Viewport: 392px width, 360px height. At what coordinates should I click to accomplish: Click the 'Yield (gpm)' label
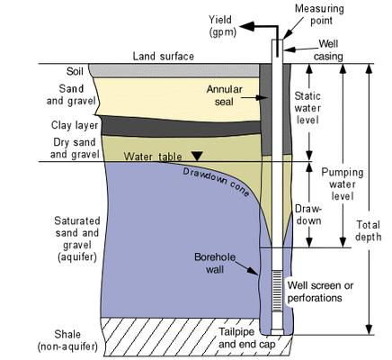pos(220,24)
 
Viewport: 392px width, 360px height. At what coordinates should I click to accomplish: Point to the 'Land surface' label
pos(165,56)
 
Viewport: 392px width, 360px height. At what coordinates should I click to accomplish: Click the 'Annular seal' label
pos(226,95)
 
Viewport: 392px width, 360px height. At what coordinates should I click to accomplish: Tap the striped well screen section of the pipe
pos(276,284)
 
